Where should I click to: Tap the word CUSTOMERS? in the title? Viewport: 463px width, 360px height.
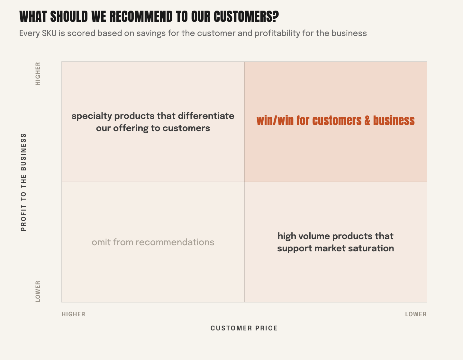[246, 17]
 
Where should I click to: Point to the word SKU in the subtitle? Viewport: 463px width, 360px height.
[49, 33]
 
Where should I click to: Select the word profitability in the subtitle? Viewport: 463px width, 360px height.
[277, 33]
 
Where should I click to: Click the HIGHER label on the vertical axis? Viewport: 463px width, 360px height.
[38, 74]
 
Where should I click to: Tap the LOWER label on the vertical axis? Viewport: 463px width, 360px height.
[38, 291]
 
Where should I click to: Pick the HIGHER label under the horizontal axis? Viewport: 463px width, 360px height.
[74, 314]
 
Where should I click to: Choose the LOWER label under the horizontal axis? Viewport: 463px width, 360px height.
[416, 314]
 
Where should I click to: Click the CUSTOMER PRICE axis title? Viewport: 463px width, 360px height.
[244, 328]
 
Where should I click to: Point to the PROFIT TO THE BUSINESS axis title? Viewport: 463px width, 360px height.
[23, 182]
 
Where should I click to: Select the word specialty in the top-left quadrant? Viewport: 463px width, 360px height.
[92, 116]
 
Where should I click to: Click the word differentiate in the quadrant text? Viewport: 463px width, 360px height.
[206, 116]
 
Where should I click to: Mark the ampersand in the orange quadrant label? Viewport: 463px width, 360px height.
[367, 120]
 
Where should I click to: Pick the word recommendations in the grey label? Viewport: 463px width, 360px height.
[175, 242]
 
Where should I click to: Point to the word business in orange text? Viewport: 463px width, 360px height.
[394, 120]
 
